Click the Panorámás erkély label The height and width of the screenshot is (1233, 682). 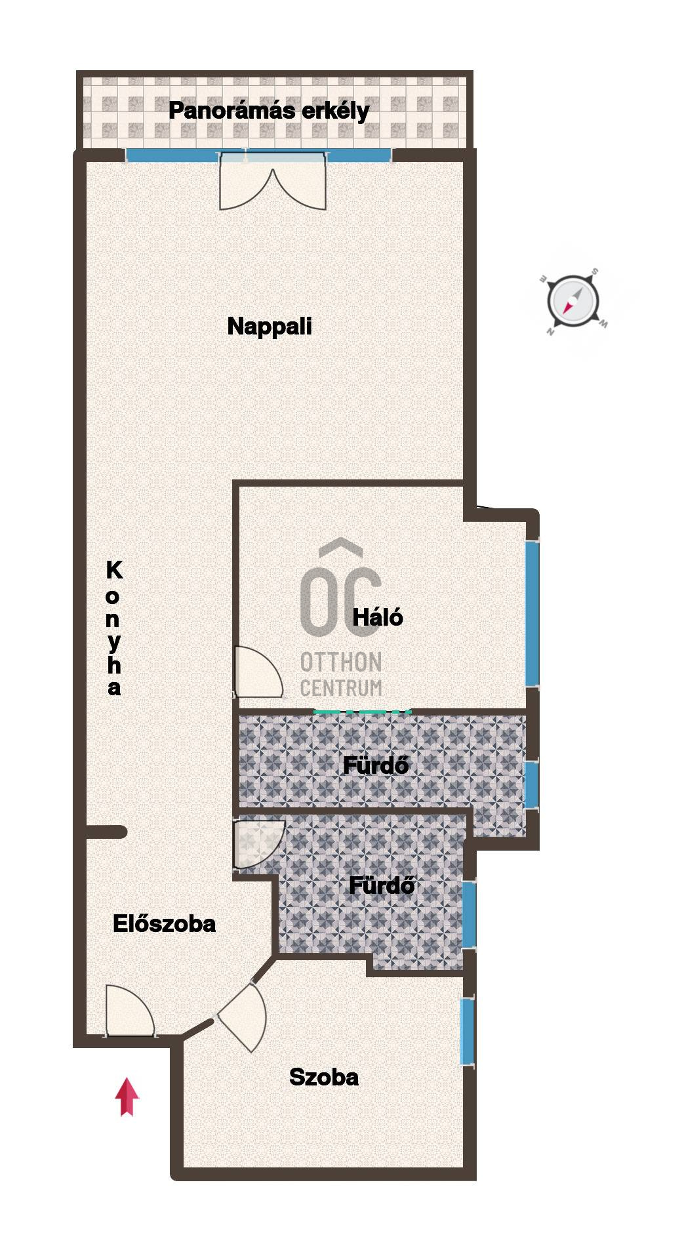click(269, 111)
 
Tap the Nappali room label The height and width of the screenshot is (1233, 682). click(270, 326)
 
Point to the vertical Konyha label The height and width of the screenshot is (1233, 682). click(114, 628)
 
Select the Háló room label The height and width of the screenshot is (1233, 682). click(378, 617)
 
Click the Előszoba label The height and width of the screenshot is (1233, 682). click(164, 924)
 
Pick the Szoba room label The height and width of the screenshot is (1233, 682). click(324, 1078)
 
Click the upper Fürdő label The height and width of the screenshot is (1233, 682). click(376, 765)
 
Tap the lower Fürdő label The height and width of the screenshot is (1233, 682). click(382, 885)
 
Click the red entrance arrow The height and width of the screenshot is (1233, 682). click(127, 1097)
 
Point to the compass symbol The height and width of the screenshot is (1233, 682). click(572, 302)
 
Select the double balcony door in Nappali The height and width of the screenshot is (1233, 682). click(273, 181)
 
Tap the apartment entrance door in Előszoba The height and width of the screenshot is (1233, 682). click(130, 1011)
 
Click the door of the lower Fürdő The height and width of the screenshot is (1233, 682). click(259, 844)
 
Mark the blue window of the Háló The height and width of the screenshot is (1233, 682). click(532, 614)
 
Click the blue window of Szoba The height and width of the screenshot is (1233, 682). click(467, 1032)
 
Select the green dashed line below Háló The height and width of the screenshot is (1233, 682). click(363, 711)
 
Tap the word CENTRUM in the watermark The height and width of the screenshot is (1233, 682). click(341, 688)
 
